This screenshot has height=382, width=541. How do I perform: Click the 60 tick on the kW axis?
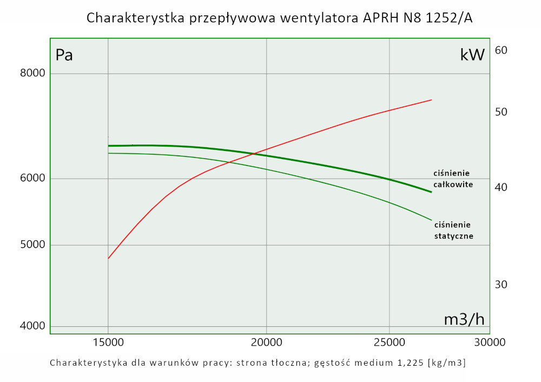tap(500, 50)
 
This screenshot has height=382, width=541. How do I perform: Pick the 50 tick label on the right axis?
tap(500, 112)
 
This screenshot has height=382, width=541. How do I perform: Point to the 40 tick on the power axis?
tap(500, 187)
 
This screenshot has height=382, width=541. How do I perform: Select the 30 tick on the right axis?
tap(500, 285)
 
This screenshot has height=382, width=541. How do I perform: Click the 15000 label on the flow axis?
tap(108, 342)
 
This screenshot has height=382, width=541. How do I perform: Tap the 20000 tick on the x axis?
tap(266, 342)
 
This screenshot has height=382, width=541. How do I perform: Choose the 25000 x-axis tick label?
tap(390, 342)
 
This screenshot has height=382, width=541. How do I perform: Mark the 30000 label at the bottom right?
tap(490, 342)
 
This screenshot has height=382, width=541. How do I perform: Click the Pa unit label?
tap(64, 55)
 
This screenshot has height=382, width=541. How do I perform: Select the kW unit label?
tap(472, 55)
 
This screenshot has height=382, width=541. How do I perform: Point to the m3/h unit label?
tap(464, 319)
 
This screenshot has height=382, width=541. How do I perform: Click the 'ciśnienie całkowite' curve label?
tap(453, 179)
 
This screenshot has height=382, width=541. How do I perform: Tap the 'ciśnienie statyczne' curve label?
tap(454, 230)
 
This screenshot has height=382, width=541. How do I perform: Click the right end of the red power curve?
tap(431, 100)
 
